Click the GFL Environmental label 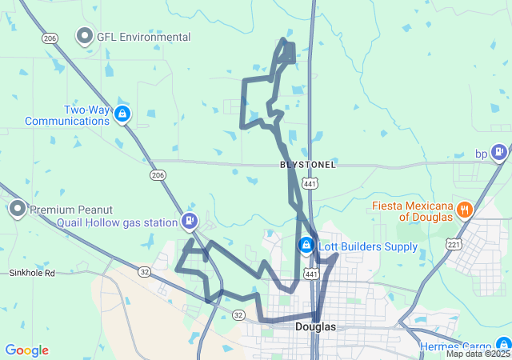tap(144, 37)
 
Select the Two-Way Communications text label tap(67, 116)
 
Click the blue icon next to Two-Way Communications tap(122, 114)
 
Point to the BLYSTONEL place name tap(308, 165)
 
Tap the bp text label tap(481, 153)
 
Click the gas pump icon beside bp tap(499, 151)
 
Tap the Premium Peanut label tap(72, 210)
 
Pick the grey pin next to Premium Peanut tap(18, 210)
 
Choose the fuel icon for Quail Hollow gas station tap(190, 220)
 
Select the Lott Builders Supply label tap(368, 246)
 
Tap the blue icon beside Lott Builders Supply tap(306, 245)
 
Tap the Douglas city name tap(315, 326)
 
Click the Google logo tap(26, 350)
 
